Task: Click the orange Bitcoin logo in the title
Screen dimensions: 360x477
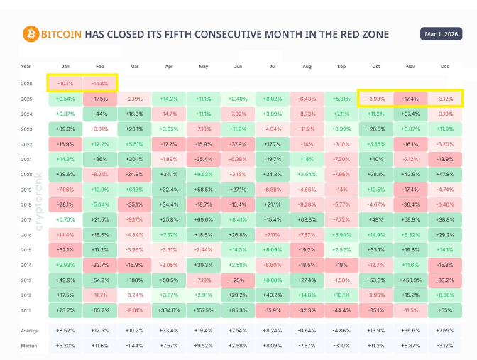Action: click(x=31, y=33)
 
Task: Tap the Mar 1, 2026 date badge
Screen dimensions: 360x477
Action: click(x=441, y=33)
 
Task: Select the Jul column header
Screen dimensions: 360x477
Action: click(x=273, y=66)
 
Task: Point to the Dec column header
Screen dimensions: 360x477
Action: click(x=444, y=66)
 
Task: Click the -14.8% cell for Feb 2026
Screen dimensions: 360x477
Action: click(x=100, y=83)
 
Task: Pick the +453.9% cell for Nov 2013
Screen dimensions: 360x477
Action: click(x=410, y=279)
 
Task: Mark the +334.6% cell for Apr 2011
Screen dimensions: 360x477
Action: click(x=169, y=310)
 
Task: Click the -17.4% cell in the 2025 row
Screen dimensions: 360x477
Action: click(x=410, y=98)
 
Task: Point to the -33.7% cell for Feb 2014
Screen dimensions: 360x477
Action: click(x=100, y=264)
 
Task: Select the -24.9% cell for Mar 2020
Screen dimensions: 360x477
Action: click(x=134, y=173)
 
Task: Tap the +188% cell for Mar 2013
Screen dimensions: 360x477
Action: click(x=134, y=279)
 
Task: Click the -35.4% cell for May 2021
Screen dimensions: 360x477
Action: click(x=203, y=158)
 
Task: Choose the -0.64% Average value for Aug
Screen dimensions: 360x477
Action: click(x=307, y=330)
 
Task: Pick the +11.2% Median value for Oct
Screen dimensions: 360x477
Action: click(x=375, y=345)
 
